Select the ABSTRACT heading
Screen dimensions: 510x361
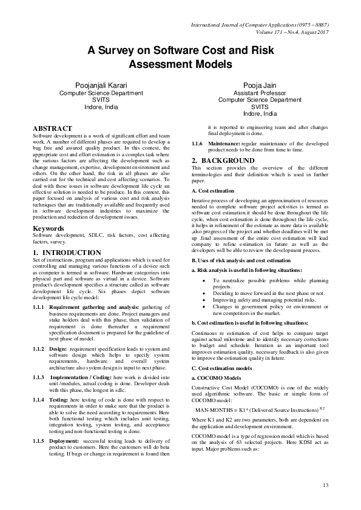(x=52, y=128)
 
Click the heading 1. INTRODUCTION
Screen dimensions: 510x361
(x=67, y=252)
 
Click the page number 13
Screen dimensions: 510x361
(x=325, y=485)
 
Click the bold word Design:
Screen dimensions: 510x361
(x=63, y=333)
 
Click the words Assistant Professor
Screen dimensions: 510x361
(x=260, y=93)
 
